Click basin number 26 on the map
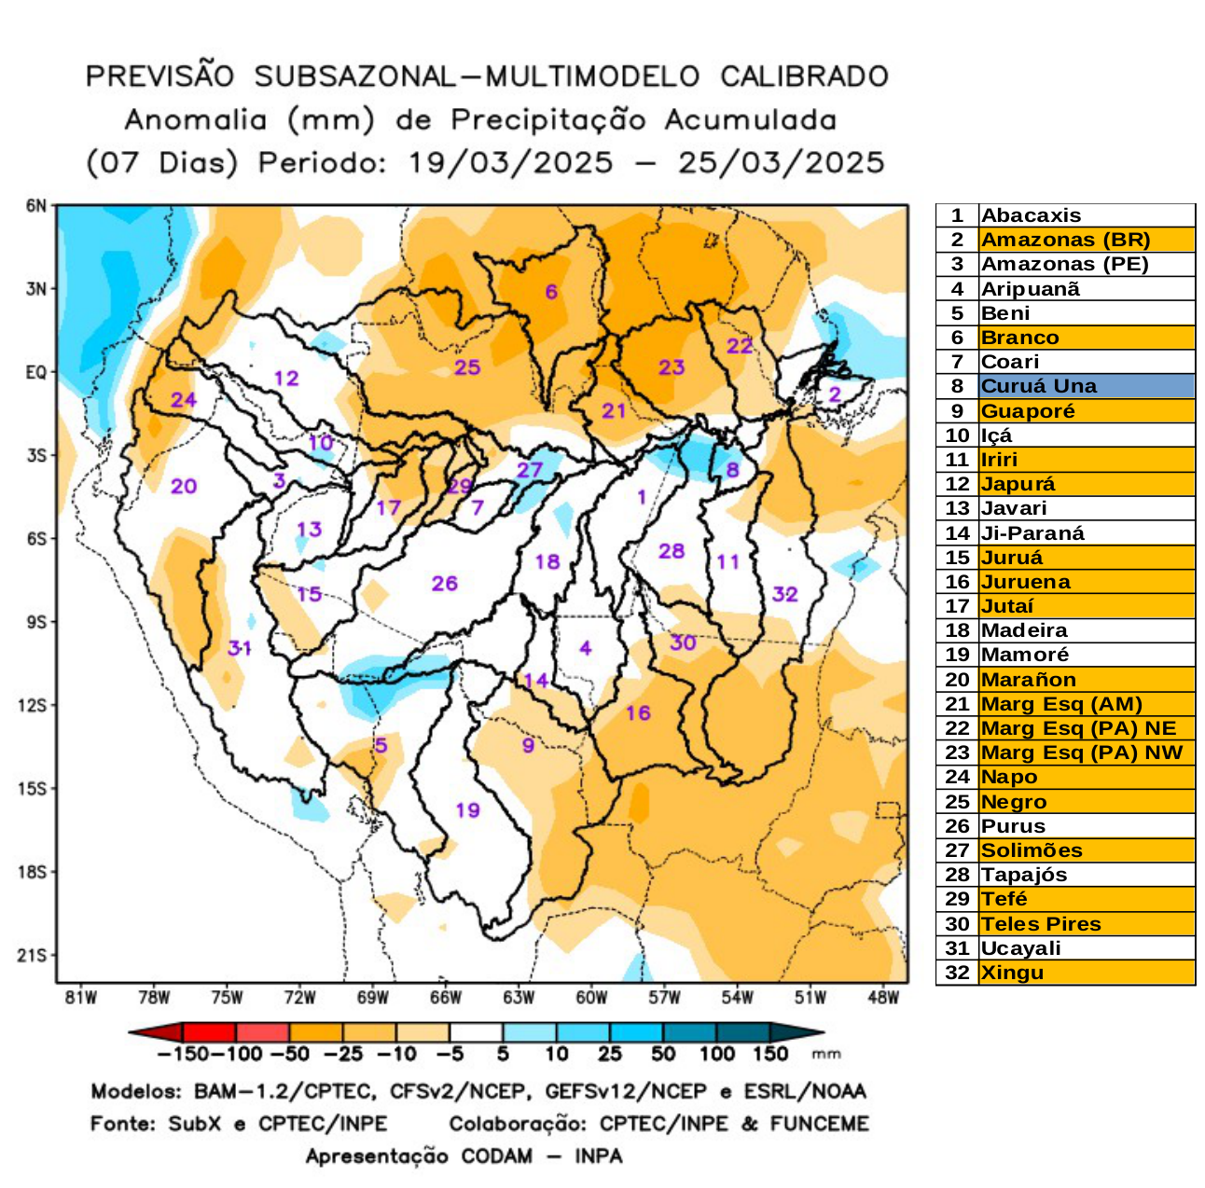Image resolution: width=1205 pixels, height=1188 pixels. tap(444, 584)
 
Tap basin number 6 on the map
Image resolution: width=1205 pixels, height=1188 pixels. tap(551, 292)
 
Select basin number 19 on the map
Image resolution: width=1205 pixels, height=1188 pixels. tap(467, 809)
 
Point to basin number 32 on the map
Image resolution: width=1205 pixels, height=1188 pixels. tap(785, 594)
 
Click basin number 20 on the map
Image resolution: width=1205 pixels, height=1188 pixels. tap(184, 486)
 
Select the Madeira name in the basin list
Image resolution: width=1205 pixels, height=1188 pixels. tap(1024, 630)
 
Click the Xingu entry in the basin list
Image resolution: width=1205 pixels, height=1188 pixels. tap(1012, 973)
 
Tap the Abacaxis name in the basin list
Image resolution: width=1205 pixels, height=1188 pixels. tap(1031, 215)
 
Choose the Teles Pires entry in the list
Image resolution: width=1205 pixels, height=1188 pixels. tap(1041, 924)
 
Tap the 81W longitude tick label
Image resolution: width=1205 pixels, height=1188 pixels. tap(81, 998)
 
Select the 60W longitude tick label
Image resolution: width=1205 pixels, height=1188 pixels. tap(591, 998)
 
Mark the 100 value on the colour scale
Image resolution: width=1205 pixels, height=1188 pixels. tap(716, 1055)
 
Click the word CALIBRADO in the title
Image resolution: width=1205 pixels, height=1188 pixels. tap(804, 76)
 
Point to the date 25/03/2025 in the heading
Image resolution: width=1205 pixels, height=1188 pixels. tap(781, 163)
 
